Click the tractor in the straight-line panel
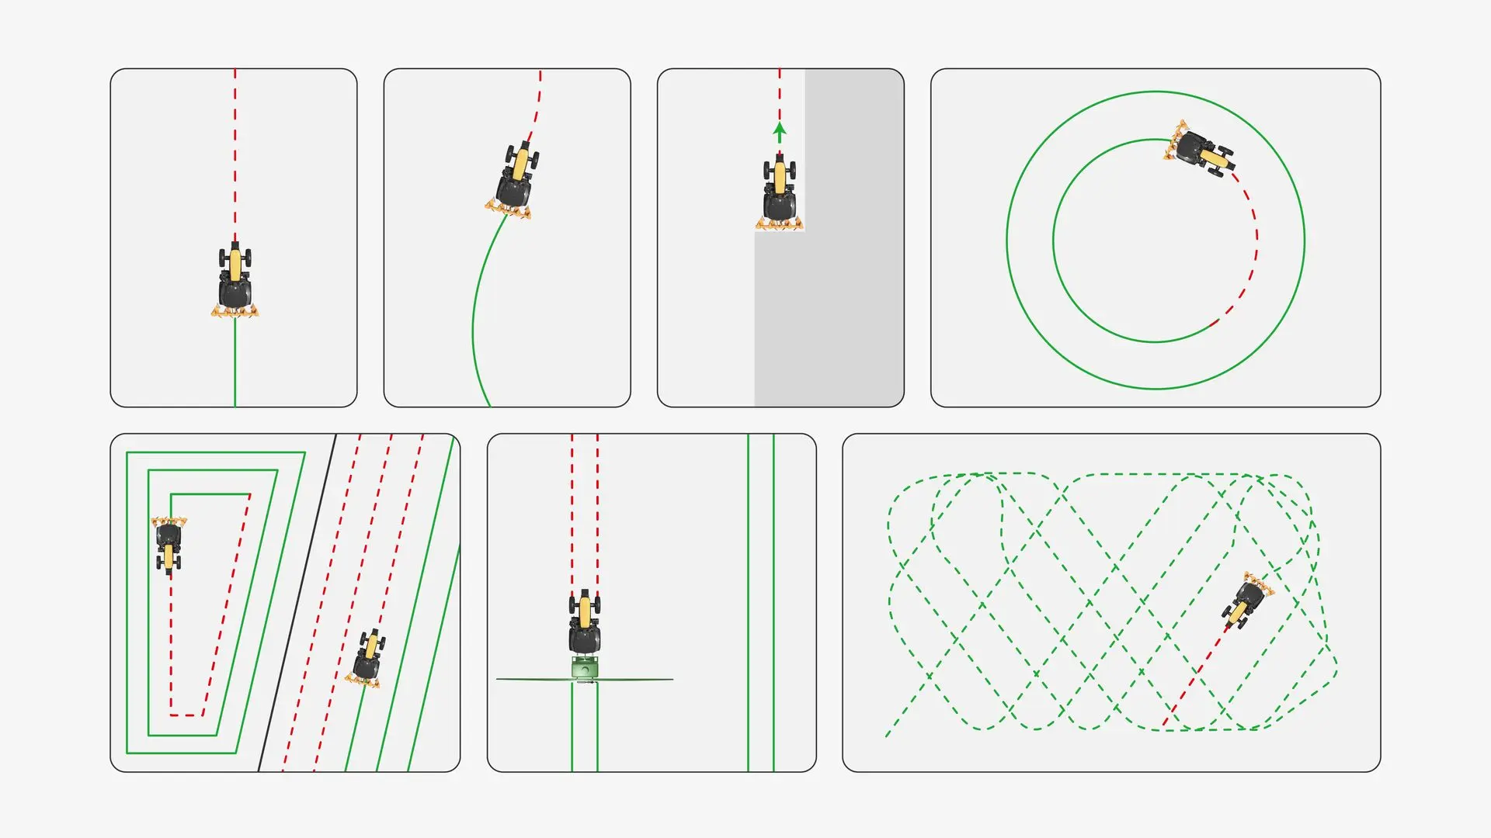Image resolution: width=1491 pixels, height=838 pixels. (x=235, y=278)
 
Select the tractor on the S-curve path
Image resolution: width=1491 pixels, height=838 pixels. (x=516, y=177)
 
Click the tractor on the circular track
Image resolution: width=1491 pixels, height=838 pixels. (x=1200, y=150)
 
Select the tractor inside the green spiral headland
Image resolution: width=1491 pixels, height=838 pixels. (x=169, y=543)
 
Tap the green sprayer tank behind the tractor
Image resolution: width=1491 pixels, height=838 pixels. (x=585, y=667)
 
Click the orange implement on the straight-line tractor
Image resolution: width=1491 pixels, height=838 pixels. (x=235, y=312)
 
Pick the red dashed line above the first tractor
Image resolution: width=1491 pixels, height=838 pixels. (x=235, y=155)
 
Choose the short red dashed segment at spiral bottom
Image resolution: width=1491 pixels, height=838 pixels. (x=186, y=715)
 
